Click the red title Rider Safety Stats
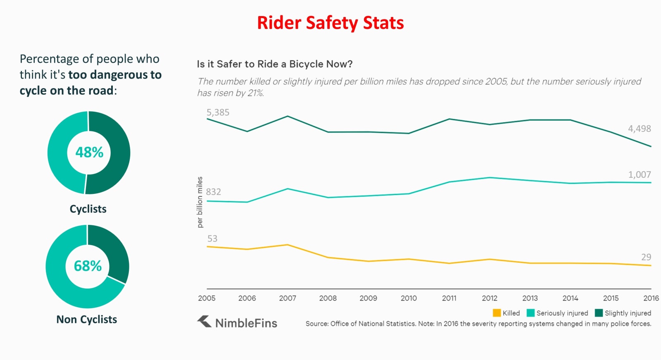(x=330, y=23)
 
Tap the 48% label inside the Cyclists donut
(x=89, y=153)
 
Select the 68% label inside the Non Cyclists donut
(x=88, y=266)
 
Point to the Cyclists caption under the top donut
(x=88, y=209)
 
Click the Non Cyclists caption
(x=87, y=319)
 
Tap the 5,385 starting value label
(x=218, y=112)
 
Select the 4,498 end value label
(x=639, y=129)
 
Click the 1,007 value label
(x=639, y=175)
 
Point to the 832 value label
(x=214, y=192)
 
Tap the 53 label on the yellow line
(x=212, y=238)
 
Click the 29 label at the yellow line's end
(x=646, y=257)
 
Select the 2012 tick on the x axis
(x=490, y=298)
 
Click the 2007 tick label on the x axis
(x=288, y=298)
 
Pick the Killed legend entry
(x=506, y=313)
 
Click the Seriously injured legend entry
(x=558, y=313)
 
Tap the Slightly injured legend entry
(x=623, y=313)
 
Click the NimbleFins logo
(x=237, y=322)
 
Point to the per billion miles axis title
(x=200, y=202)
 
